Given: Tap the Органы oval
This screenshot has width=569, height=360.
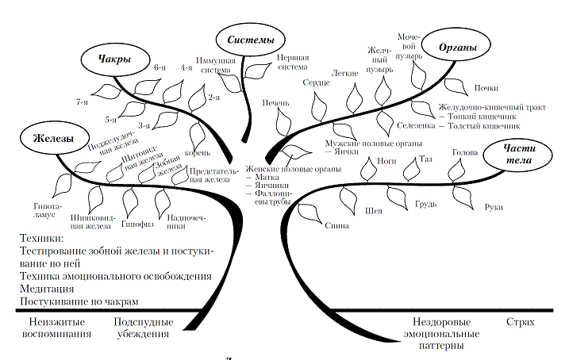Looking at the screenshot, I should (458, 48).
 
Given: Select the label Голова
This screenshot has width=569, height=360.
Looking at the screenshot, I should (463, 152).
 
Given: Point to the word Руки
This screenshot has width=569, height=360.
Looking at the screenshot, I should (493, 206).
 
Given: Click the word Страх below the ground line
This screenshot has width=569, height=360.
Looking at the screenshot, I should (521, 323).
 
